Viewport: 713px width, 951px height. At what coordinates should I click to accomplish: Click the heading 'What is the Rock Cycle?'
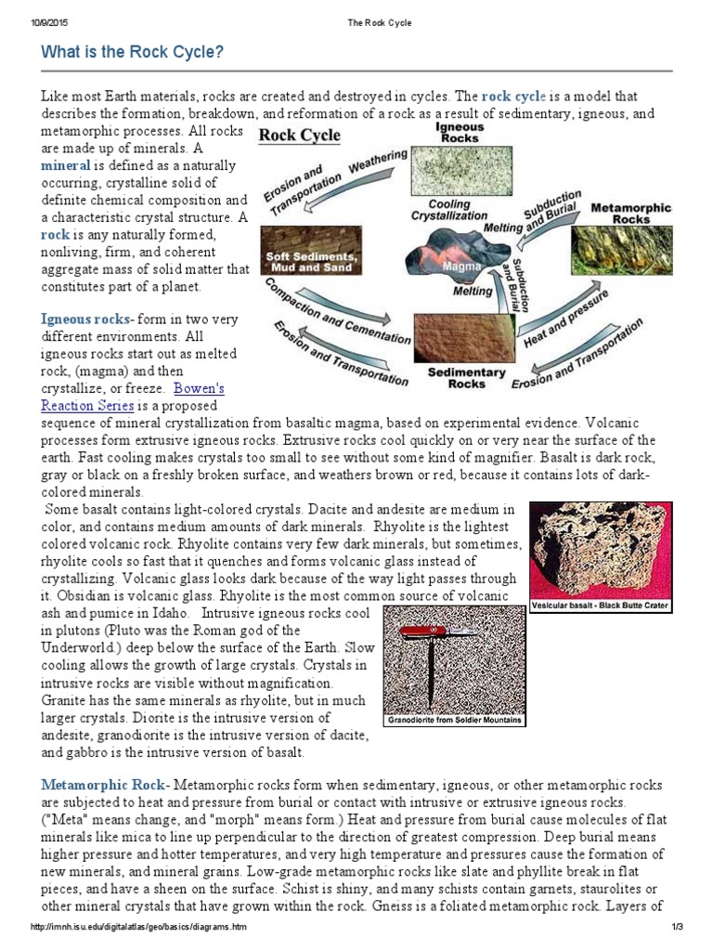[x=133, y=52]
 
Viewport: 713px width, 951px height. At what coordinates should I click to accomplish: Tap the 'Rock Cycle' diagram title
[x=299, y=135]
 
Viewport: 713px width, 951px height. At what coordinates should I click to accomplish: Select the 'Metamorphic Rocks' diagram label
[x=631, y=213]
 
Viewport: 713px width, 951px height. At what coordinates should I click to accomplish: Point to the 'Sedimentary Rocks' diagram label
[x=465, y=377]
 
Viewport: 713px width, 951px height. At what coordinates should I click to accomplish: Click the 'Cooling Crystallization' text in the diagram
[x=448, y=209]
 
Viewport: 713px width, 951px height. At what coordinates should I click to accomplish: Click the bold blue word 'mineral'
[x=65, y=165]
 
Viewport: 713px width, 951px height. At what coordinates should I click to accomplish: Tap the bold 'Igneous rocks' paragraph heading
[x=84, y=319]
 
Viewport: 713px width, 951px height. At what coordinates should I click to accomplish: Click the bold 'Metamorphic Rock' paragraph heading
[x=102, y=785]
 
